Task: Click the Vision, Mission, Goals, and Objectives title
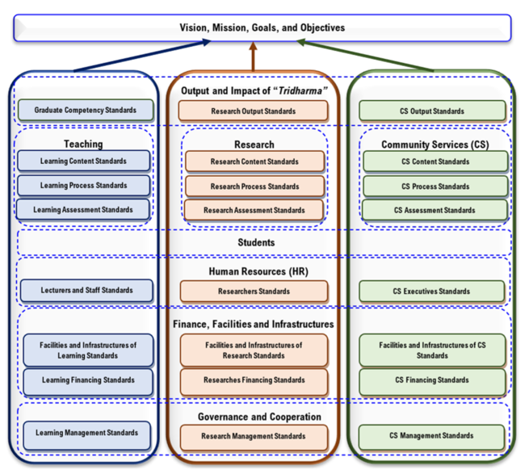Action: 262,27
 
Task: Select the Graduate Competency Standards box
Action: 86,110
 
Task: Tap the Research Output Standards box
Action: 253,111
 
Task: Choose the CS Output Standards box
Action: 432,111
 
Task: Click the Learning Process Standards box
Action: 84,185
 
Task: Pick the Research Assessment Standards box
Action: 254,210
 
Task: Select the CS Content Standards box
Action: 435,162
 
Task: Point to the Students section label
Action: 256,242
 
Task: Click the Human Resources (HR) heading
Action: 258,271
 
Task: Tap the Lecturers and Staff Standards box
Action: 86,290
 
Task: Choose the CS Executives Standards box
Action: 431,292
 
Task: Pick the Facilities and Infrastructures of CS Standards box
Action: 432,350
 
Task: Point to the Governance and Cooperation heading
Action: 259,417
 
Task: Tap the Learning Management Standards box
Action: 86,435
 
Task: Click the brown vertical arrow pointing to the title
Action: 253,57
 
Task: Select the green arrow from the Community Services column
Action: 365,55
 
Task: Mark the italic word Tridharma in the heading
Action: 300,90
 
